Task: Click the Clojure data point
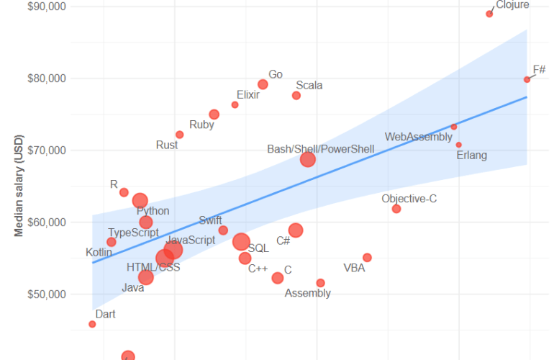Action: (489, 14)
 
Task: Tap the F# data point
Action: (527, 80)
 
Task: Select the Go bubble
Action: (263, 84)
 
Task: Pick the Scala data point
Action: (296, 96)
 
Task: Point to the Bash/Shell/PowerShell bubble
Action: (308, 159)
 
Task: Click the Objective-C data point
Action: (396, 209)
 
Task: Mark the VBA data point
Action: (367, 258)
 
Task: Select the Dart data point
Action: (92, 324)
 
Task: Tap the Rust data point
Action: (179, 135)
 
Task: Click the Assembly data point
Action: (320, 283)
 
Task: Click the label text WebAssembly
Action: (419, 137)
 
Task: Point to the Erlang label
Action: (472, 155)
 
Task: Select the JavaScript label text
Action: (191, 240)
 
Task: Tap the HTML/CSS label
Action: (153, 267)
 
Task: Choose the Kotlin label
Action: (99, 253)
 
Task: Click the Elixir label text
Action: (248, 94)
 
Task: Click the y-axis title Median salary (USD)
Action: (19, 185)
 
